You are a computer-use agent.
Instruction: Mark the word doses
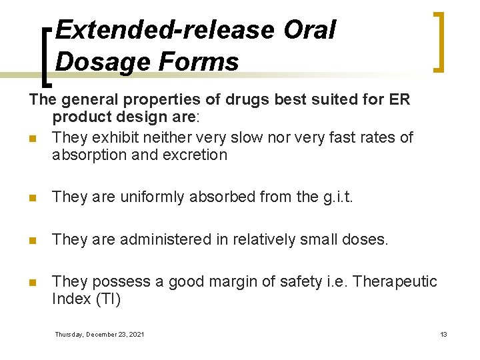coord(364,239)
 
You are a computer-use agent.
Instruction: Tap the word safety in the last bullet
coord(291,281)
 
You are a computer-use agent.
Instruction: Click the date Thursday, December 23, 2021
coord(99,334)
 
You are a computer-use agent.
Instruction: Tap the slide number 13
coord(443,334)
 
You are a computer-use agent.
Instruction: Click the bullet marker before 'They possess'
coord(32,282)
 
